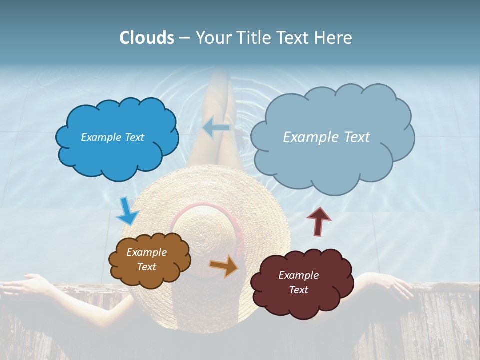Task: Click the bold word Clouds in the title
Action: point(147,38)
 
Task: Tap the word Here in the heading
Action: point(333,38)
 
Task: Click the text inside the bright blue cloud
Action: point(112,137)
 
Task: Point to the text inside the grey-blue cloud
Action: point(326,137)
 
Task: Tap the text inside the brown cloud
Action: point(146,260)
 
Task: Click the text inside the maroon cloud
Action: point(298,282)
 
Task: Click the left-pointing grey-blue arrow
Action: point(216,128)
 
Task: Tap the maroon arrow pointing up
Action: point(319,221)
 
